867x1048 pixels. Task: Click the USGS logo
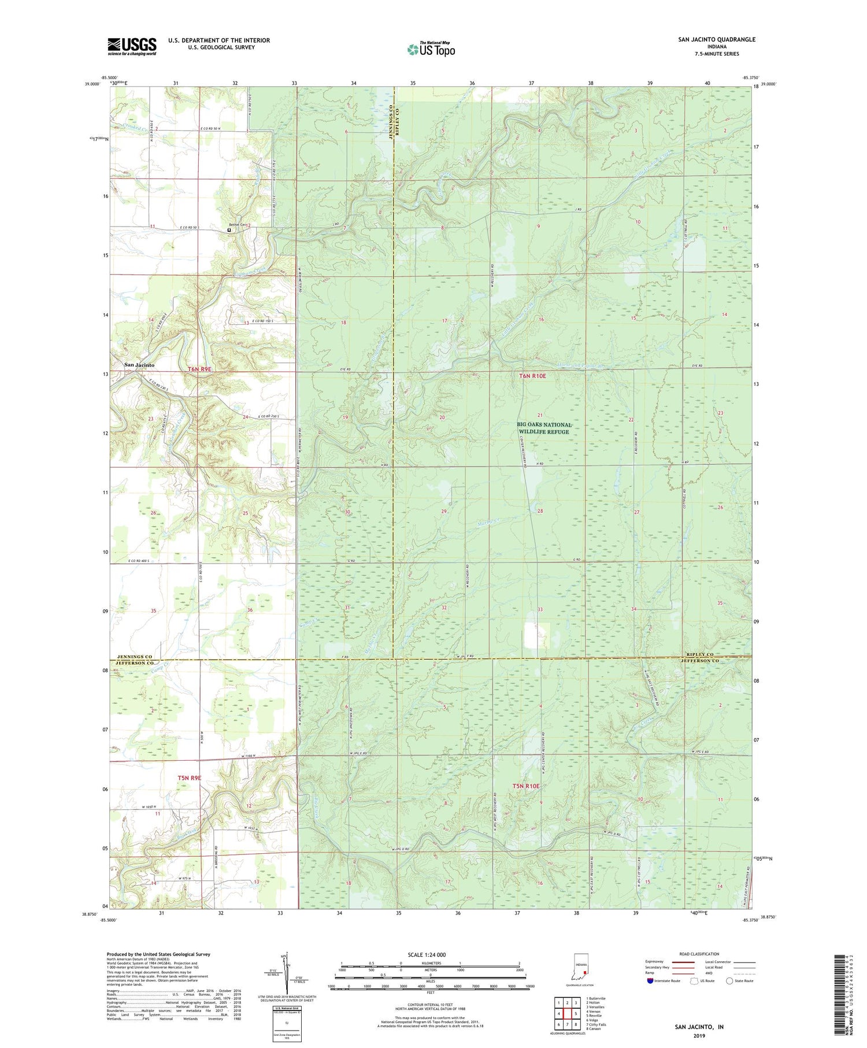(x=132, y=46)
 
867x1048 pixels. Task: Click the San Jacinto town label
(x=139, y=365)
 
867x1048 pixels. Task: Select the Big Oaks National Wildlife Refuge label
(x=543, y=428)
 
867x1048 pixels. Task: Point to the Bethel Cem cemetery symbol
(x=229, y=230)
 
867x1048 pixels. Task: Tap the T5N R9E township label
(x=190, y=778)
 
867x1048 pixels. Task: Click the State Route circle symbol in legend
(x=731, y=980)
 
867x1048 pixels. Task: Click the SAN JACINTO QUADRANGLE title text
(x=717, y=40)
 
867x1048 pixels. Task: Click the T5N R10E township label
(x=526, y=786)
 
